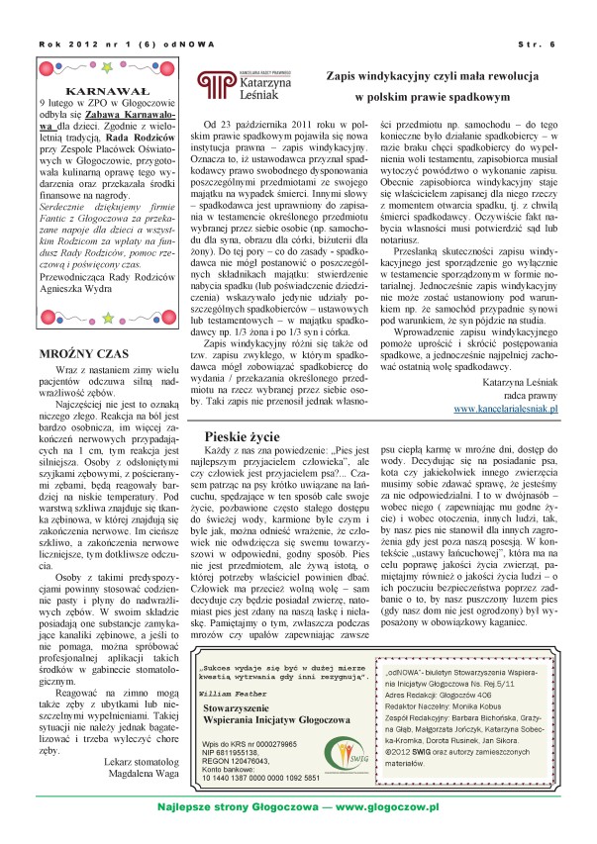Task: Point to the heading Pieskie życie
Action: pos(247,435)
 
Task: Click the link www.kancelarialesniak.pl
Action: pos(506,407)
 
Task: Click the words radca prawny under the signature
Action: pos(530,393)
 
